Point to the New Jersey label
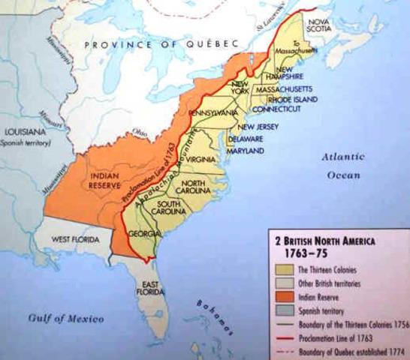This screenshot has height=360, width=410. click(258, 127)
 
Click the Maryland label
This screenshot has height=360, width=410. click(246, 151)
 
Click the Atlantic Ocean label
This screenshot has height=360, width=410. click(342, 165)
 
